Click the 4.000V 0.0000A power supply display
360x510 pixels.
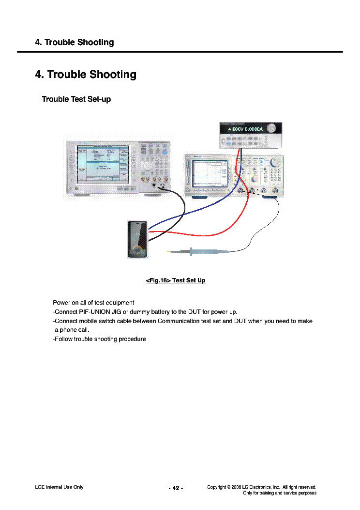[x=245, y=129]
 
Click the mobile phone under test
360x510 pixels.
[x=137, y=239]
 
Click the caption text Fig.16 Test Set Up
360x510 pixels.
[x=176, y=280]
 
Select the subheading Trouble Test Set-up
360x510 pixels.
[x=76, y=99]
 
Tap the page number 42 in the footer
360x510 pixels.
[x=176, y=488]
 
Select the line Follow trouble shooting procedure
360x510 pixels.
[x=99, y=339]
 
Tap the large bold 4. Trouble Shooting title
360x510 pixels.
[x=86, y=75]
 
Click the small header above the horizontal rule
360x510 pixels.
[x=75, y=42]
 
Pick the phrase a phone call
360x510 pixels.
[x=72, y=330]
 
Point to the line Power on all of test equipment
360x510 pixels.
[x=93, y=303]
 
